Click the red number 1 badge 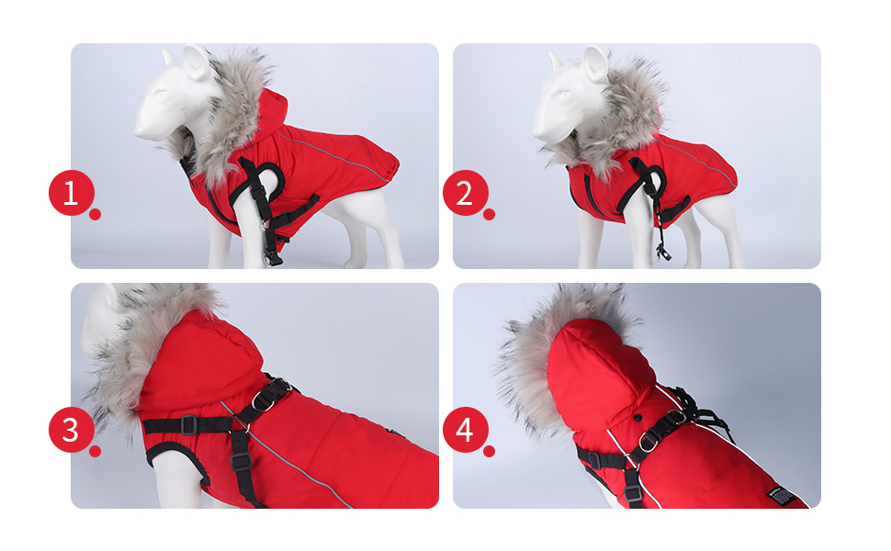(x=71, y=193)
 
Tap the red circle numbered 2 (x=466, y=193)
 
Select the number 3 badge (x=71, y=430)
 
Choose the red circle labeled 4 (x=466, y=430)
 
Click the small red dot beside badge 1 (x=95, y=214)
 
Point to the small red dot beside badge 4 (x=489, y=451)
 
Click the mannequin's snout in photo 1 (x=144, y=129)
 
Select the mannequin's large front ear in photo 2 (x=595, y=63)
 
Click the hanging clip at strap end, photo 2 (x=661, y=252)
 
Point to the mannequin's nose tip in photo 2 (x=536, y=134)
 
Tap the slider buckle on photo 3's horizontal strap (x=189, y=424)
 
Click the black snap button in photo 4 (x=638, y=418)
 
